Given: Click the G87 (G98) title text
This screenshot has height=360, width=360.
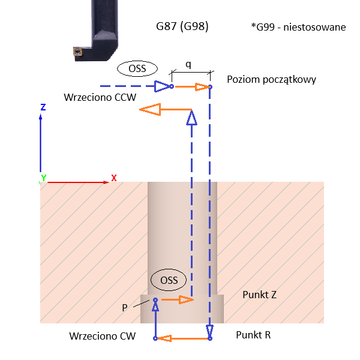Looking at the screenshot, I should point(182,26).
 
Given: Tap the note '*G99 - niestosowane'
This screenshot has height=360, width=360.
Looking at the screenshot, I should point(299,28).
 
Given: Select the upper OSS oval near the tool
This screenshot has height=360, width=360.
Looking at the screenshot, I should point(137,68).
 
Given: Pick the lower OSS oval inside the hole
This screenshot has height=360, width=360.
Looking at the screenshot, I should point(169,280).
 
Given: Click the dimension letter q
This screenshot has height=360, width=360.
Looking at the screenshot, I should point(188,64).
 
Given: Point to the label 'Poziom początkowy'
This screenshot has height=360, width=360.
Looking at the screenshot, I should point(271,79).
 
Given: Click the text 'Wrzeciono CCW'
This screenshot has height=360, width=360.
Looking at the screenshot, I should point(101,97).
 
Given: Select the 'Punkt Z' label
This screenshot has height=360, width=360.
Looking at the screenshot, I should point(259,295).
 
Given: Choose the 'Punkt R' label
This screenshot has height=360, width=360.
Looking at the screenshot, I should point(253,334).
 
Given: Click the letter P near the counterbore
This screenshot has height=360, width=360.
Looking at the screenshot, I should point(125,308).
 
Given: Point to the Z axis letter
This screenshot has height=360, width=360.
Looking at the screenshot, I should point(43,107).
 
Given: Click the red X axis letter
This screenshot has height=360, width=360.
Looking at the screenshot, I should point(113,178).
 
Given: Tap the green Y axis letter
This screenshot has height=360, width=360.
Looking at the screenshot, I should point(43,178).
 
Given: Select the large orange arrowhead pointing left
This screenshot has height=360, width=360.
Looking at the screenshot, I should point(149,109).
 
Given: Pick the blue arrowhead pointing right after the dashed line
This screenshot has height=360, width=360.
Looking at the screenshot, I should point(161,86).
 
